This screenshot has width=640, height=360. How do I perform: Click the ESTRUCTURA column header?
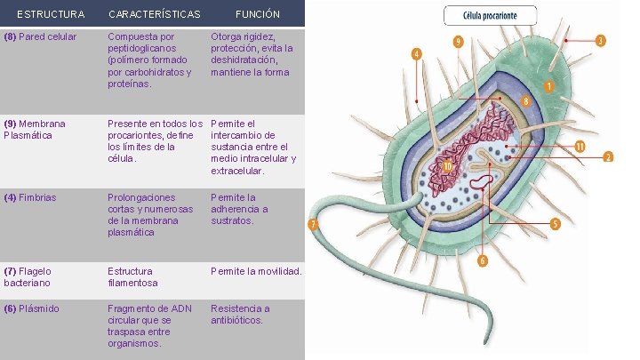tap(51, 14)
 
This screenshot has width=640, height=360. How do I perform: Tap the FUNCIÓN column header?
tap(257, 14)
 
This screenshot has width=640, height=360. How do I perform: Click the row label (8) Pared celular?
tap(40, 37)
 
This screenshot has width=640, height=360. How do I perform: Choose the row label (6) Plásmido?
tap(32, 308)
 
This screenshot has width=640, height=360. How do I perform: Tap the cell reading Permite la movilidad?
tap(256, 270)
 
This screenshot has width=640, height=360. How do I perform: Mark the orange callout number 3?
tap(601, 40)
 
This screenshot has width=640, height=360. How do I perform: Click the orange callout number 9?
tap(457, 42)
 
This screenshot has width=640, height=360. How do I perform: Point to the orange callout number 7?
tap(313, 224)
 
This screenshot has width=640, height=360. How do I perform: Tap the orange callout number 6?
tap(483, 260)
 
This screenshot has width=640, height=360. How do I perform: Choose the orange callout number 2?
tap(608, 157)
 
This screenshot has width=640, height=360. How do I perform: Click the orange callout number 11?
tap(580, 146)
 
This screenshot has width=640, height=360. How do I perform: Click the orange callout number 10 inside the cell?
tap(449, 165)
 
